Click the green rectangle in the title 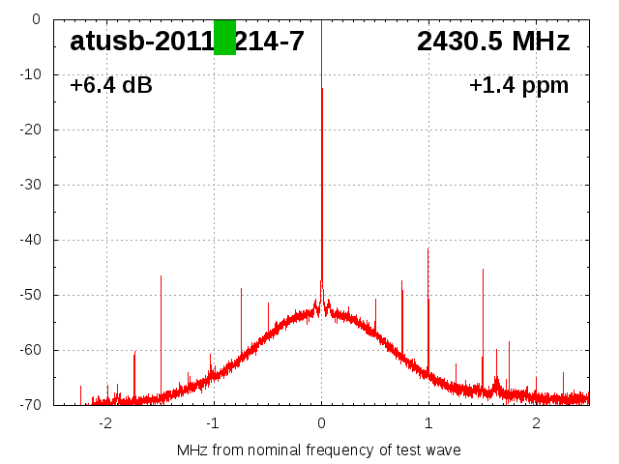[224, 38]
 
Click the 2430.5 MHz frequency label [493, 42]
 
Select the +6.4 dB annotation [111, 86]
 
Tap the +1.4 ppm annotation [518, 86]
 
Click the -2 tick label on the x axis [105, 423]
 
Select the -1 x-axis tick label [213, 423]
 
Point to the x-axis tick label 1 [428, 423]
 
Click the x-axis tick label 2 [536, 423]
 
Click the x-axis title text [319, 450]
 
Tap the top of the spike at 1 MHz [428, 248]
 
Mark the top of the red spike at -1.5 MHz [161, 276]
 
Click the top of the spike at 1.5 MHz [483, 270]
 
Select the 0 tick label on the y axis [35, 19]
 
